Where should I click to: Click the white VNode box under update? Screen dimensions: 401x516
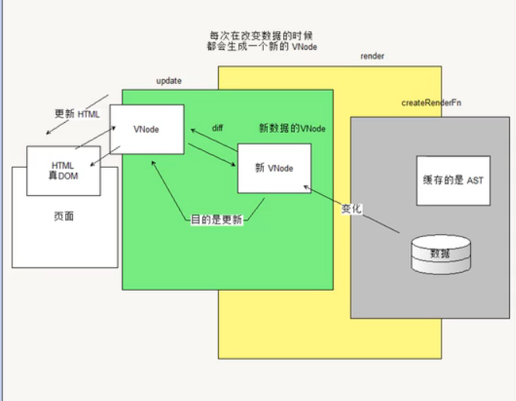point(147,129)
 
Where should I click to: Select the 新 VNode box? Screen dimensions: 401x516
point(275,168)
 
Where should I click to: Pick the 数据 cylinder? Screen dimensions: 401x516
point(439,255)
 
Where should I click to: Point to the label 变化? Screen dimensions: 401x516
point(352,209)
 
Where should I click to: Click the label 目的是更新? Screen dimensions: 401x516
point(217,220)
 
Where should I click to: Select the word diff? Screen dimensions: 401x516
point(218,128)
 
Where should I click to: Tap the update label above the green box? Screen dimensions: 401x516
point(169,81)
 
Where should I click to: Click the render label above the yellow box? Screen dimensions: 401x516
point(372,57)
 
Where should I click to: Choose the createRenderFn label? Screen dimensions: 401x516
point(431,103)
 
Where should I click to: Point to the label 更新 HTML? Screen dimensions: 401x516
point(77,113)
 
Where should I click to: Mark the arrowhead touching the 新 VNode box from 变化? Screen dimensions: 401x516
point(307,187)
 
